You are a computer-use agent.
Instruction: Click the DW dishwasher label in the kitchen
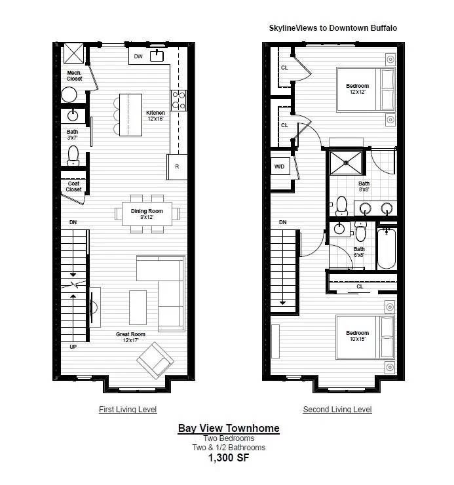(x=138, y=56)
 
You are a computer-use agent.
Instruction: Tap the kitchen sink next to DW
(x=157, y=56)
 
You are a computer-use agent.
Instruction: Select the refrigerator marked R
(x=177, y=166)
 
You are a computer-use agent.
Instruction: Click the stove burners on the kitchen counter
(x=179, y=100)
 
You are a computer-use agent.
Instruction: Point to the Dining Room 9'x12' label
(x=147, y=214)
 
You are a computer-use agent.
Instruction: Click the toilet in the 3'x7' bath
(x=73, y=155)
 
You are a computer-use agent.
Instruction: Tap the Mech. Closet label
(x=74, y=76)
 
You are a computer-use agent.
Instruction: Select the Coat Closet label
(x=73, y=187)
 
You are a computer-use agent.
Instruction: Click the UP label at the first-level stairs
(x=73, y=347)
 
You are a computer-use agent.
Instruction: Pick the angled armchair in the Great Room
(x=155, y=360)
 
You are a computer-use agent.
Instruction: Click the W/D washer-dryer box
(x=280, y=166)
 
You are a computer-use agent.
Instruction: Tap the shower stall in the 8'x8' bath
(x=346, y=163)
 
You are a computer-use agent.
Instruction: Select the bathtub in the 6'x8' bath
(x=387, y=248)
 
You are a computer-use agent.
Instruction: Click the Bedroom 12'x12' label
(x=358, y=88)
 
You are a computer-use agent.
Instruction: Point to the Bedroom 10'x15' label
(x=358, y=336)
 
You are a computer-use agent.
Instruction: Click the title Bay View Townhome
(x=229, y=429)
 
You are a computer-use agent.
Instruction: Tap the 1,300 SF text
(x=229, y=457)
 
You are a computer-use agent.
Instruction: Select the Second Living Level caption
(x=337, y=410)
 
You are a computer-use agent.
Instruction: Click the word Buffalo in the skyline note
(x=384, y=28)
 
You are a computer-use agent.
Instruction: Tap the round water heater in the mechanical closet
(x=69, y=94)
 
